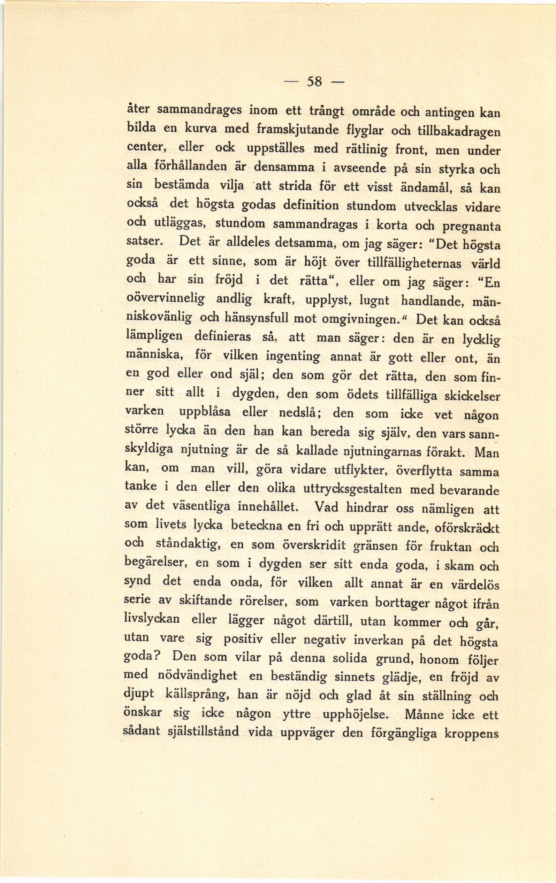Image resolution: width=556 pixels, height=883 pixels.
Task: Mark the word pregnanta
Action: (471, 226)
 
